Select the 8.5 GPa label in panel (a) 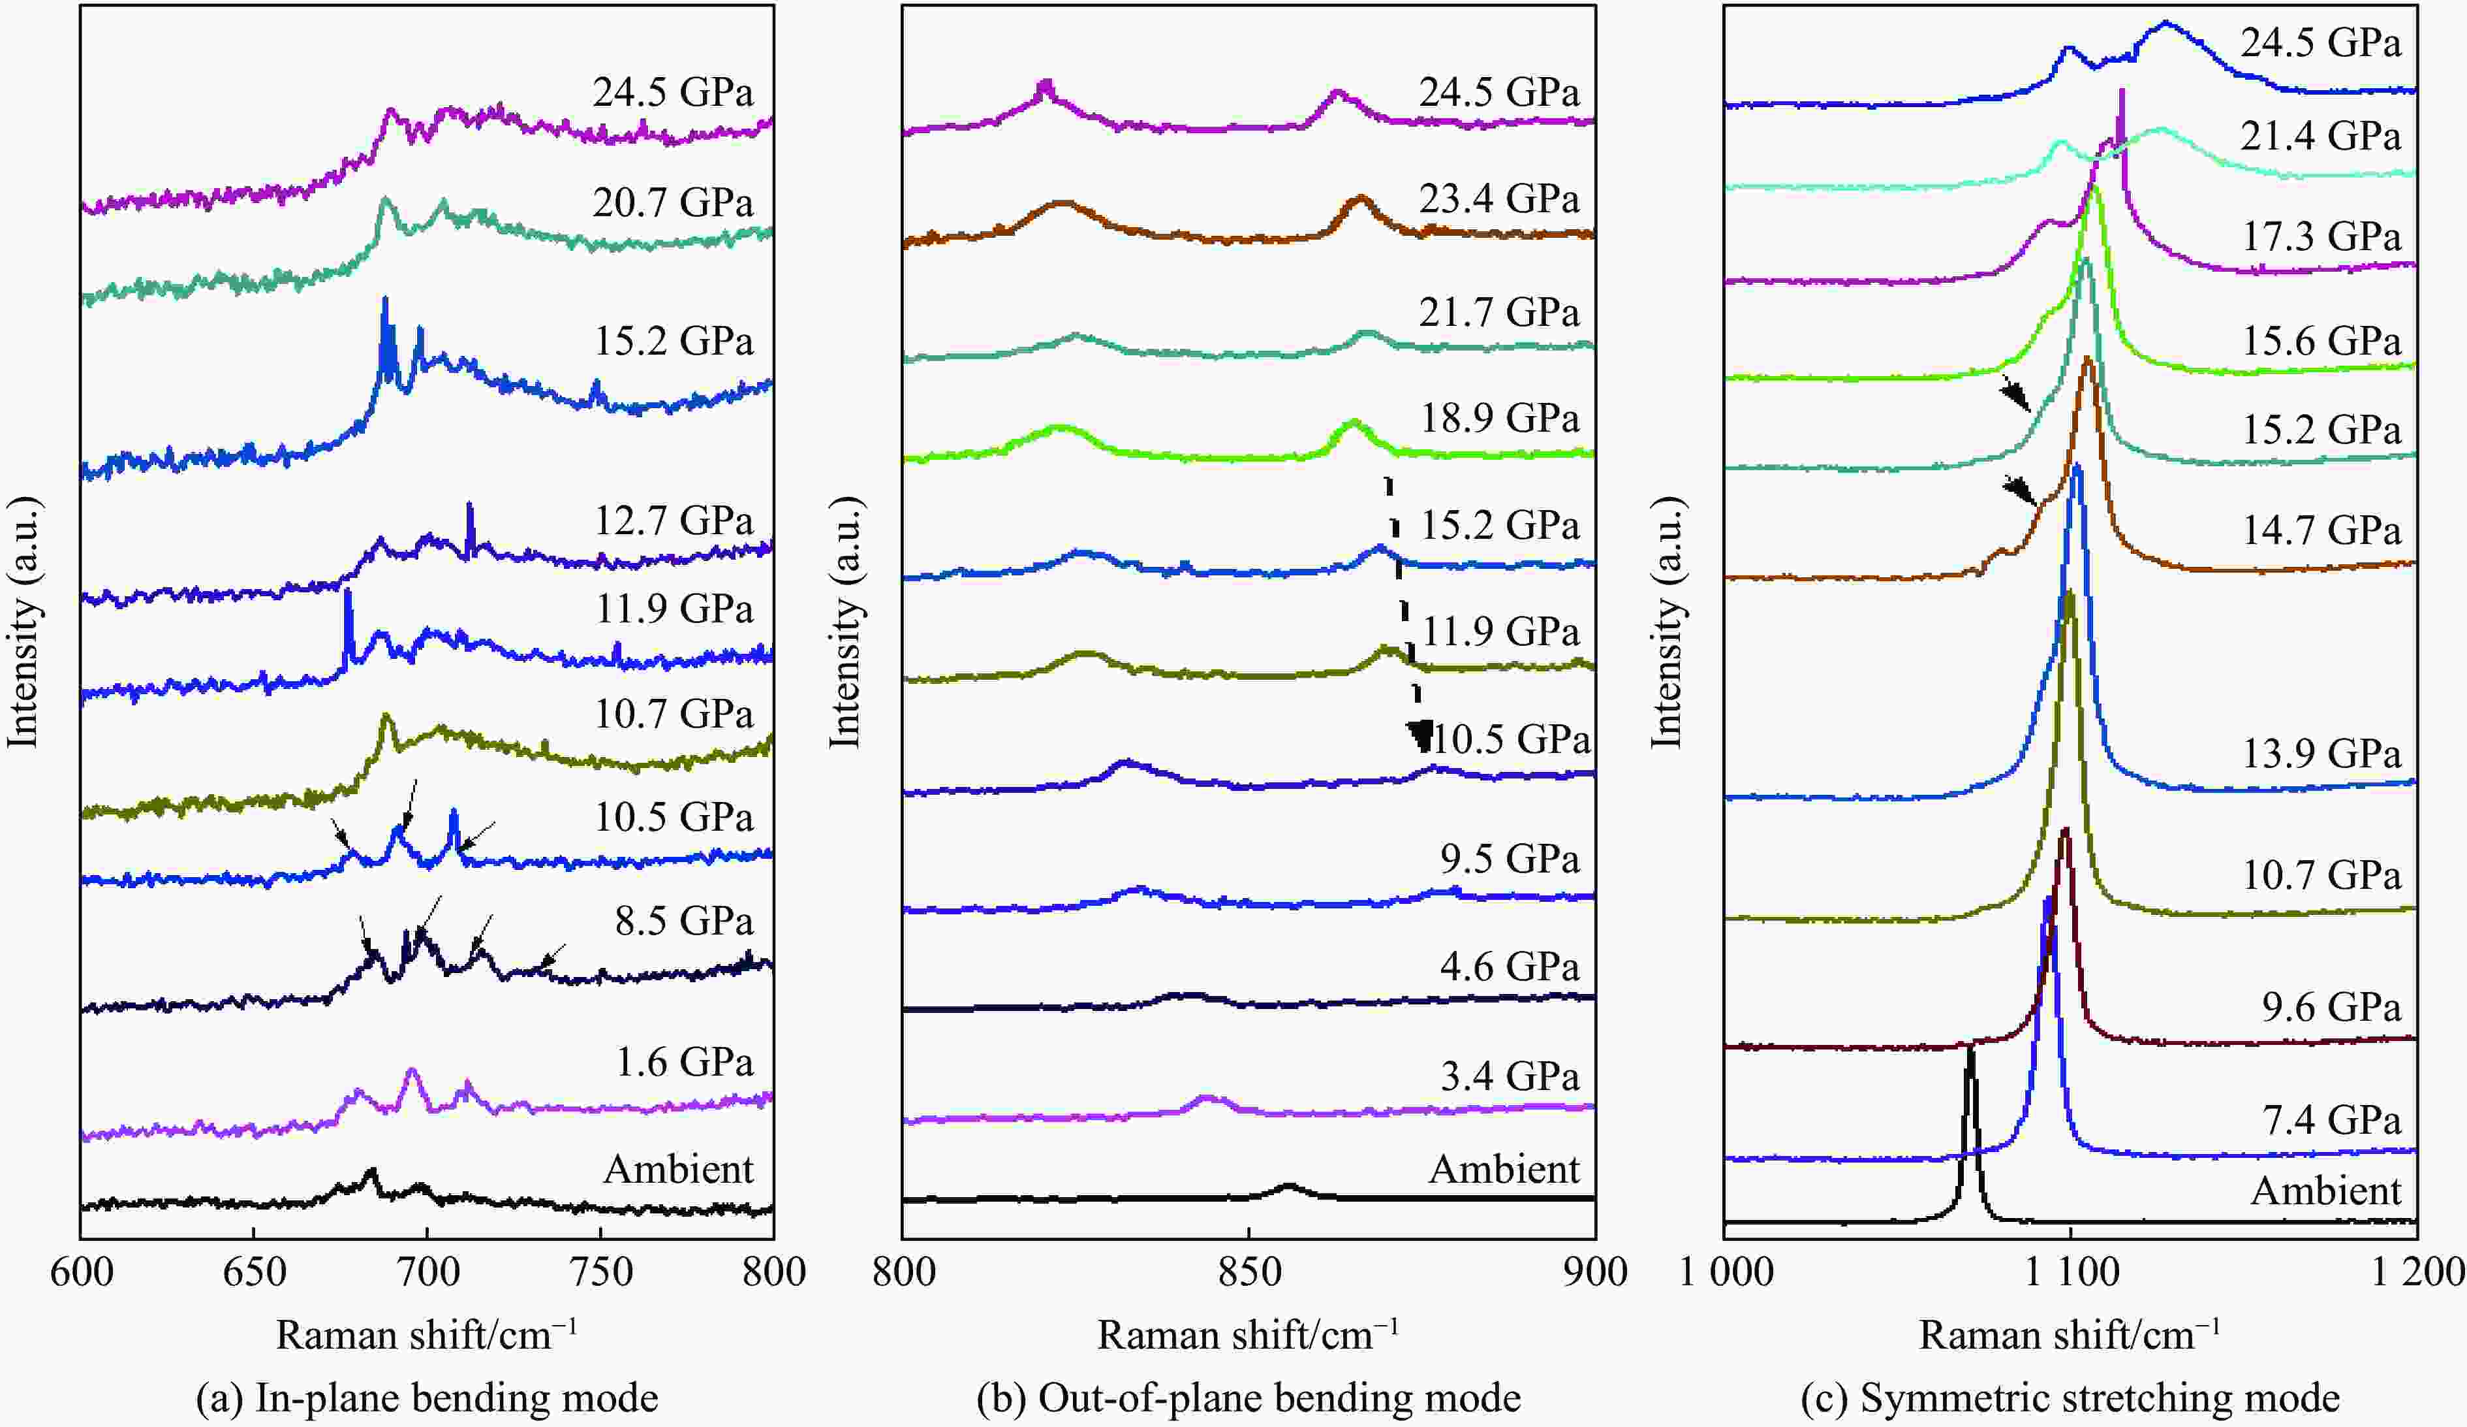point(684,922)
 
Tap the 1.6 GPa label point(684,1063)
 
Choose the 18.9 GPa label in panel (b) point(1498,419)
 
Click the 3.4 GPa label point(1510,1078)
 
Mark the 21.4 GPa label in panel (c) point(2321,136)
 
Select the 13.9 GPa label point(2321,754)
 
